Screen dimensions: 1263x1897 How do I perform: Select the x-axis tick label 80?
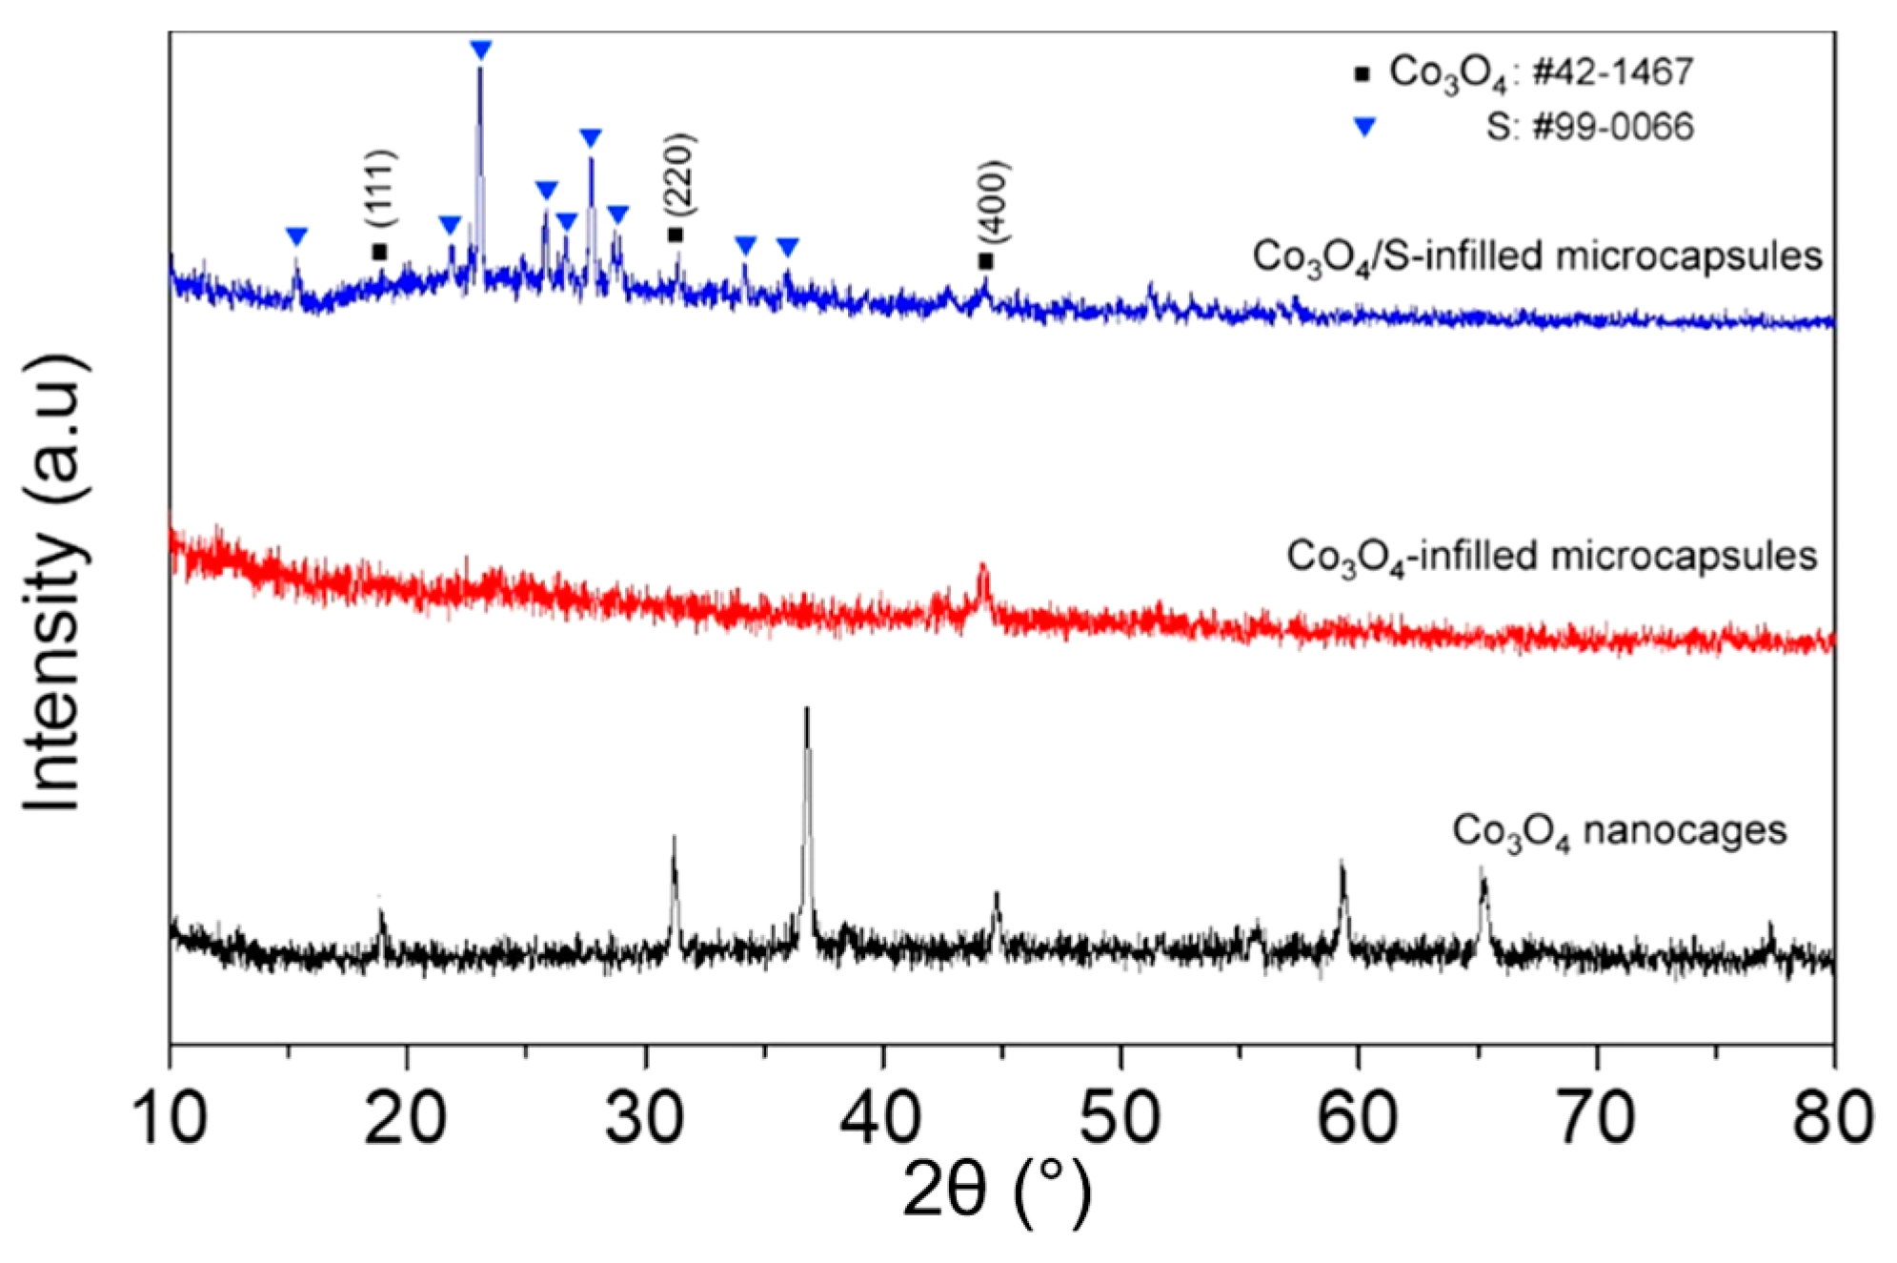pos(1831,1117)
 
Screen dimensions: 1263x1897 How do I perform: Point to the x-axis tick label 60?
pos(1357,1117)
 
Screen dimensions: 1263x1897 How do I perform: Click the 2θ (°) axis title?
pos(996,1192)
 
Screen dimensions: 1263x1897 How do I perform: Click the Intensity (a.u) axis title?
pos(55,583)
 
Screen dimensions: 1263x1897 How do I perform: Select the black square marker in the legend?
pos(1362,73)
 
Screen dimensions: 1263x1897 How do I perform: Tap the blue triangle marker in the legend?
pos(1365,127)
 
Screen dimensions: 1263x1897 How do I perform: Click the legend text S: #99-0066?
pos(1588,127)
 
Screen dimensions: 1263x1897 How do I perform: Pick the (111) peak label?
pos(380,188)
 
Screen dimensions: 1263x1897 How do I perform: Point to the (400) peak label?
pos(993,201)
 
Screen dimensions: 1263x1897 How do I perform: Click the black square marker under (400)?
pos(985,260)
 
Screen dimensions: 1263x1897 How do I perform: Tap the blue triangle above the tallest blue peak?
pos(480,50)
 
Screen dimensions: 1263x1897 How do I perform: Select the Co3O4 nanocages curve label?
pos(1618,831)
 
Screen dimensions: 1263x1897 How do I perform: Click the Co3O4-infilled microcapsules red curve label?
pos(1550,557)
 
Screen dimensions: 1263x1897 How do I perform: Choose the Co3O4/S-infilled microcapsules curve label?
pos(1536,257)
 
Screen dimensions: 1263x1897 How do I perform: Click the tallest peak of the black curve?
pos(807,710)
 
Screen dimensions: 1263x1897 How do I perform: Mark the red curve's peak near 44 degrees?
pos(982,569)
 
